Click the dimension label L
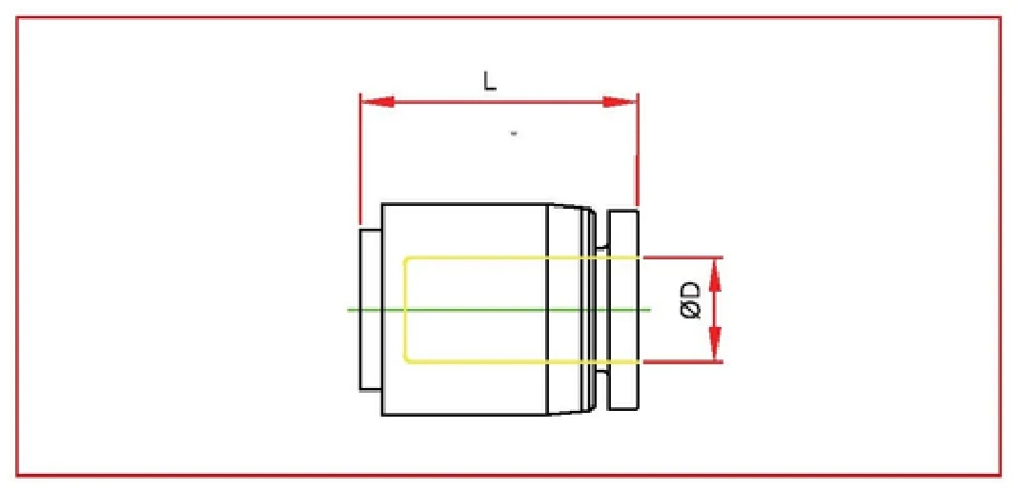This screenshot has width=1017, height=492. [490, 83]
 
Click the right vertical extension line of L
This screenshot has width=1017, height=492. [637, 153]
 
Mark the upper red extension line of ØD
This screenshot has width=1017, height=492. [681, 257]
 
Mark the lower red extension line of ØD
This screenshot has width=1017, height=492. [681, 362]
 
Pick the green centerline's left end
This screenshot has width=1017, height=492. [350, 310]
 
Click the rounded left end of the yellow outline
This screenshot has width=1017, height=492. [405, 310]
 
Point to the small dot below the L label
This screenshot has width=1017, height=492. [515, 134]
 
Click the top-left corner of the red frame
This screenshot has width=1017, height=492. [17, 17]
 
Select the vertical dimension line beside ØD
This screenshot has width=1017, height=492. [716, 310]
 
